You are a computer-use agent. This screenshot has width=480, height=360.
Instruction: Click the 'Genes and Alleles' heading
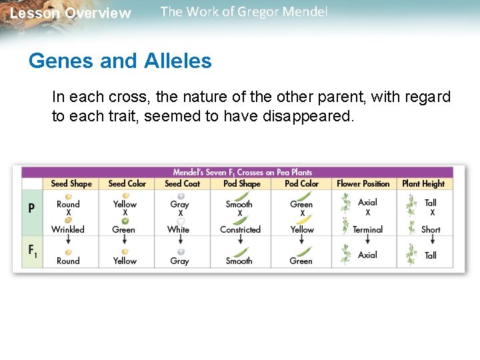click(120, 61)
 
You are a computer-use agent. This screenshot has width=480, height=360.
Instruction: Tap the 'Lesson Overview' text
click(71, 13)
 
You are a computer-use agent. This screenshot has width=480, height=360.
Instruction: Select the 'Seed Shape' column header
click(71, 183)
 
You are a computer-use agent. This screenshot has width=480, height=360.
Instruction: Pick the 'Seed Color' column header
click(127, 183)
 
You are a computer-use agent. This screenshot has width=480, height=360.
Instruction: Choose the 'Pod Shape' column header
click(241, 183)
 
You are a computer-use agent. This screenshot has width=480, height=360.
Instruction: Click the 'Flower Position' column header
click(363, 183)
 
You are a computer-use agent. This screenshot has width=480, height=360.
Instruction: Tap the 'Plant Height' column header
click(423, 183)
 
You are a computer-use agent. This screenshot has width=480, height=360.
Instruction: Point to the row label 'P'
click(31, 208)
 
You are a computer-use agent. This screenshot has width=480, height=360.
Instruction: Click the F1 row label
click(32, 251)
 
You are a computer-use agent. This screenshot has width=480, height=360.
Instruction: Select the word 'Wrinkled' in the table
click(68, 229)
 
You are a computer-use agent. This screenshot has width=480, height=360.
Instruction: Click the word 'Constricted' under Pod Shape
click(240, 229)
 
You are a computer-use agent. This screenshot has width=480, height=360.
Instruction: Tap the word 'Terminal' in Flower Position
click(367, 229)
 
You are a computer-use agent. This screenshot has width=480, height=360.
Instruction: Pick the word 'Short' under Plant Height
click(431, 229)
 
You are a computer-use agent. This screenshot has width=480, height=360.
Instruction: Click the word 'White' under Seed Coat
click(178, 229)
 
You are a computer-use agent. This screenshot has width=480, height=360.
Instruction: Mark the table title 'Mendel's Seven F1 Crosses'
click(242, 172)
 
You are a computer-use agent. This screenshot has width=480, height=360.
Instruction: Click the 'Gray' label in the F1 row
click(179, 261)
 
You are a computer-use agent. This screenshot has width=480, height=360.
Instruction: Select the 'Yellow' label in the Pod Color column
click(301, 229)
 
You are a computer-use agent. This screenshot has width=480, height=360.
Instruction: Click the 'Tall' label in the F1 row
click(431, 255)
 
